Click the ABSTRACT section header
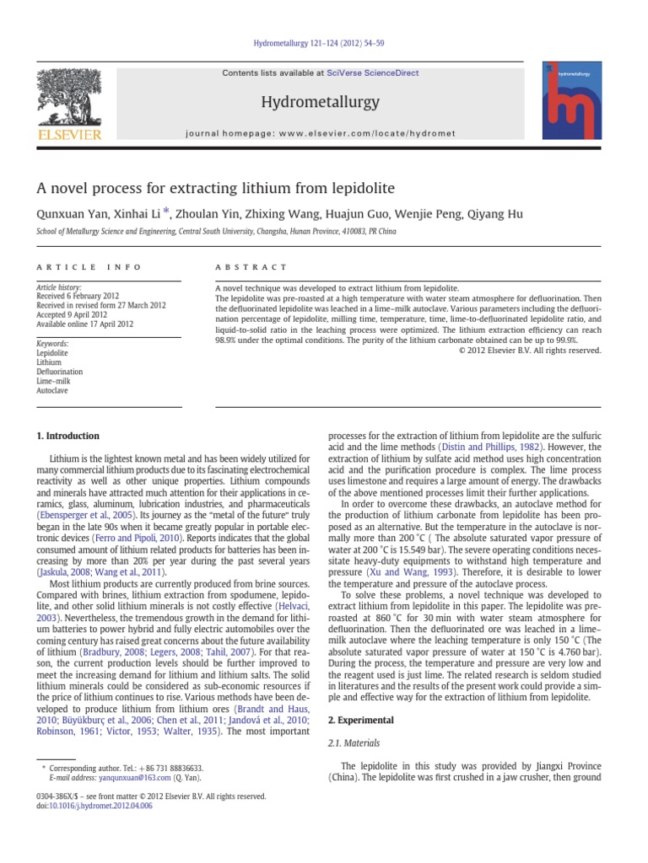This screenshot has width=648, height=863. click(x=251, y=267)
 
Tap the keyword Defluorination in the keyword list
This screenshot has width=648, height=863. click(x=59, y=372)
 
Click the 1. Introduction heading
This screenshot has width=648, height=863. click(x=67, y=436)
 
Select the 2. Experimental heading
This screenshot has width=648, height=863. click(x=361, y=720)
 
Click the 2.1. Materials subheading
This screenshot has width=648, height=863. click(x=353, y=743)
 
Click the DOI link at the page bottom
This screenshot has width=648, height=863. click(x=109, y=806)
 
